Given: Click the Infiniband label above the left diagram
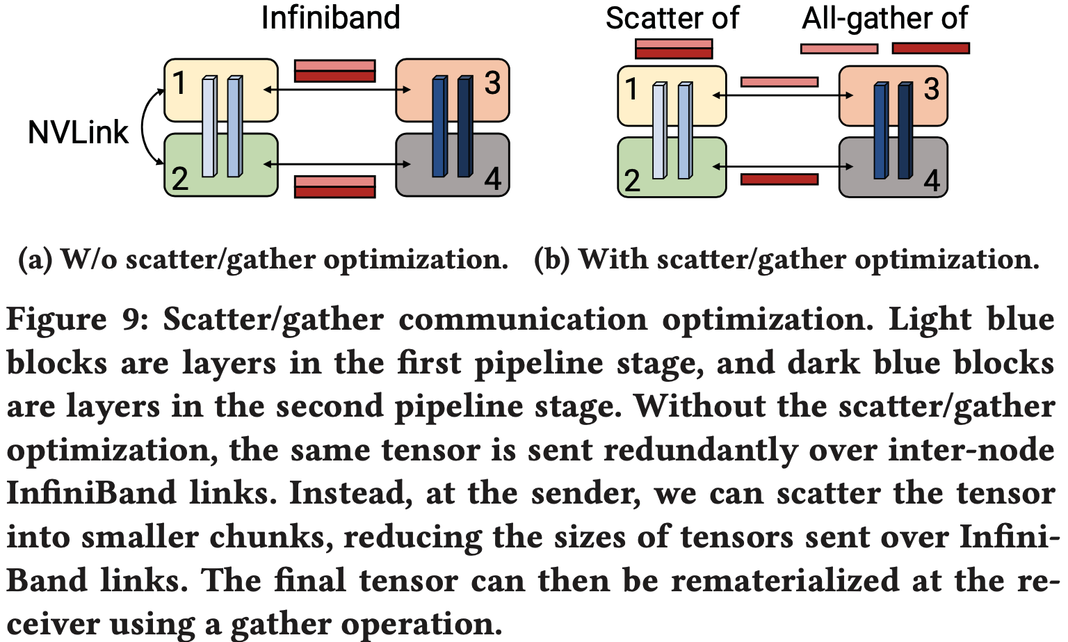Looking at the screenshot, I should click(x=330, y=17).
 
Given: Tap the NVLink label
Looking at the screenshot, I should click(x=78, y=131).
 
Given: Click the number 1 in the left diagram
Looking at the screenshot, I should click(x=179, y=83).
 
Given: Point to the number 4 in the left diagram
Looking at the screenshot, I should click(x=492, y=179).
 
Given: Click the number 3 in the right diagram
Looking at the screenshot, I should click(x=932, y=88).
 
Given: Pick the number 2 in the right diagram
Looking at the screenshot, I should click(x=631, y=181).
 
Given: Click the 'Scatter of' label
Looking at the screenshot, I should click(x=672, y=18).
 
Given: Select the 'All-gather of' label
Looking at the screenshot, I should click(x=884, y=18).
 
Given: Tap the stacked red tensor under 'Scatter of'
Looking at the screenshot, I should click(x=674, y=49).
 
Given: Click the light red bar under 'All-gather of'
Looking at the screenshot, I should click(x=839, y=49).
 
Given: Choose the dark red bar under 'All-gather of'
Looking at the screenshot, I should click(x=930, y=48).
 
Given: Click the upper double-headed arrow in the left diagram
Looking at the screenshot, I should click(x=337, y=90).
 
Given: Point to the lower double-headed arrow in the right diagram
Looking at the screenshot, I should click(x=783, y=166).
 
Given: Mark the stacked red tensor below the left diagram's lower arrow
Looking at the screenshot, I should click(x=334, y=186).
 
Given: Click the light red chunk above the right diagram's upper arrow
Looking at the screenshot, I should click(x=779, y=82).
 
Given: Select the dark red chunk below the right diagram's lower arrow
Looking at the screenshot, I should click(x=779, y=179).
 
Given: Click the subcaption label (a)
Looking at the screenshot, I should click(x=35, y=259).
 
